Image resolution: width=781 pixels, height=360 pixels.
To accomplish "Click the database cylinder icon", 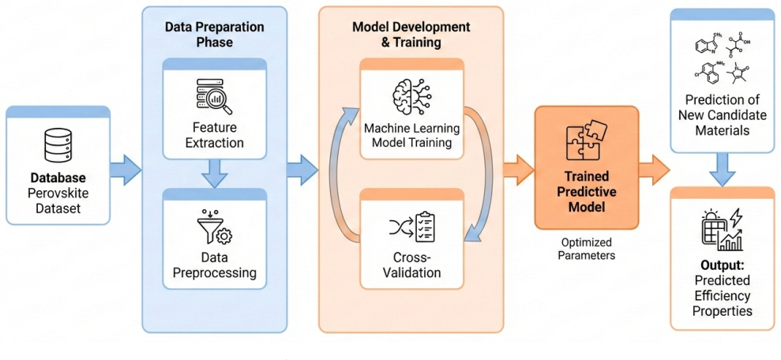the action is tap(58, 145).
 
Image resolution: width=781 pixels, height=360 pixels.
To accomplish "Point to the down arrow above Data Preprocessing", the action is tap(215, 173).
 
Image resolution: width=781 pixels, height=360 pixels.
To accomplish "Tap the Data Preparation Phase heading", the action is tap(214, 34).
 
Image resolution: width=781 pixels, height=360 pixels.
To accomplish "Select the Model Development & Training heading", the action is tap(397, 35).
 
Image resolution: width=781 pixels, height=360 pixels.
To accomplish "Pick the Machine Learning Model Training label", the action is tap(411, 136).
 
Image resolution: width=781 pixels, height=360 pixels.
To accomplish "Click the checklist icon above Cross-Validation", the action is tap(413, 227).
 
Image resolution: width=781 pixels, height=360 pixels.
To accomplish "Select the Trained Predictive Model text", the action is tap(586, 191).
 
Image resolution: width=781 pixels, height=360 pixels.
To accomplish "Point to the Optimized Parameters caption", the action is tap(586, 249).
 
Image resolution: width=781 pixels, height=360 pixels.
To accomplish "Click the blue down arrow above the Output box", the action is tap(723, 170).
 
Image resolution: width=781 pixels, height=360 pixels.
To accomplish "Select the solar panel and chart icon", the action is tap(721, 230).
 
